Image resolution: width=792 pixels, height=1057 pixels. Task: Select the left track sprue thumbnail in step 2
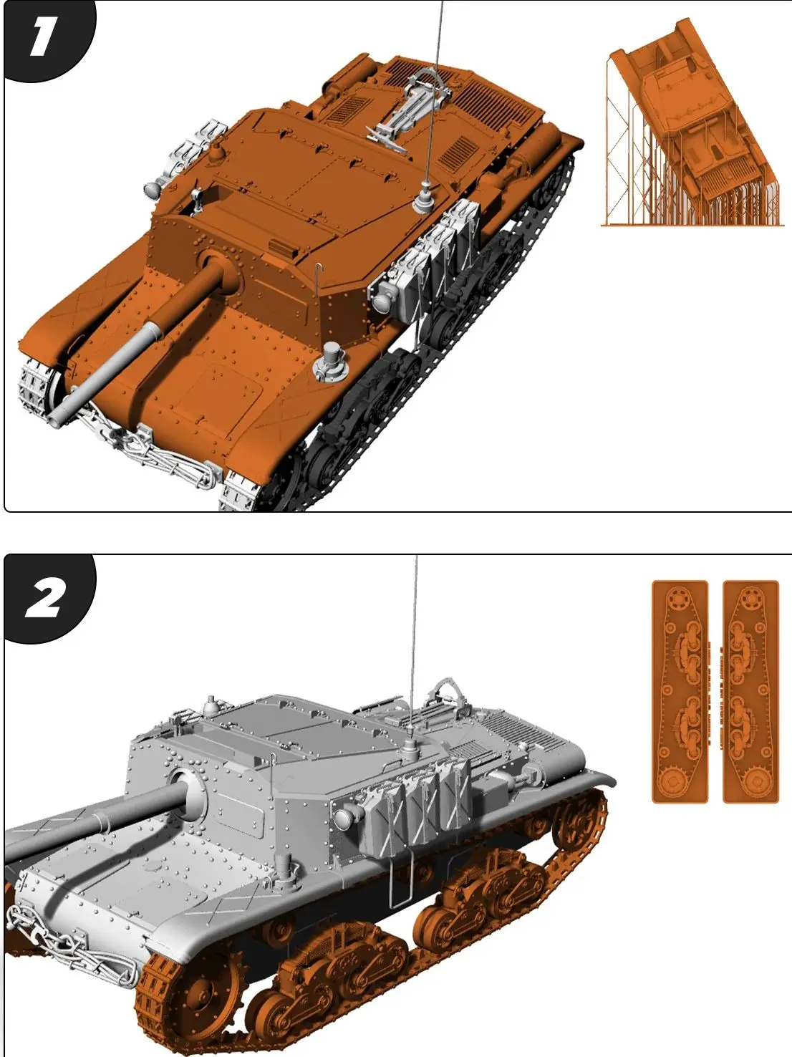[680, 691]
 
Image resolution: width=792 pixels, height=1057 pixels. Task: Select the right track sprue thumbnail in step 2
[750, 691]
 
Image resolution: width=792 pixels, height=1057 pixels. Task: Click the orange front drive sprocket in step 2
[188, 995]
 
